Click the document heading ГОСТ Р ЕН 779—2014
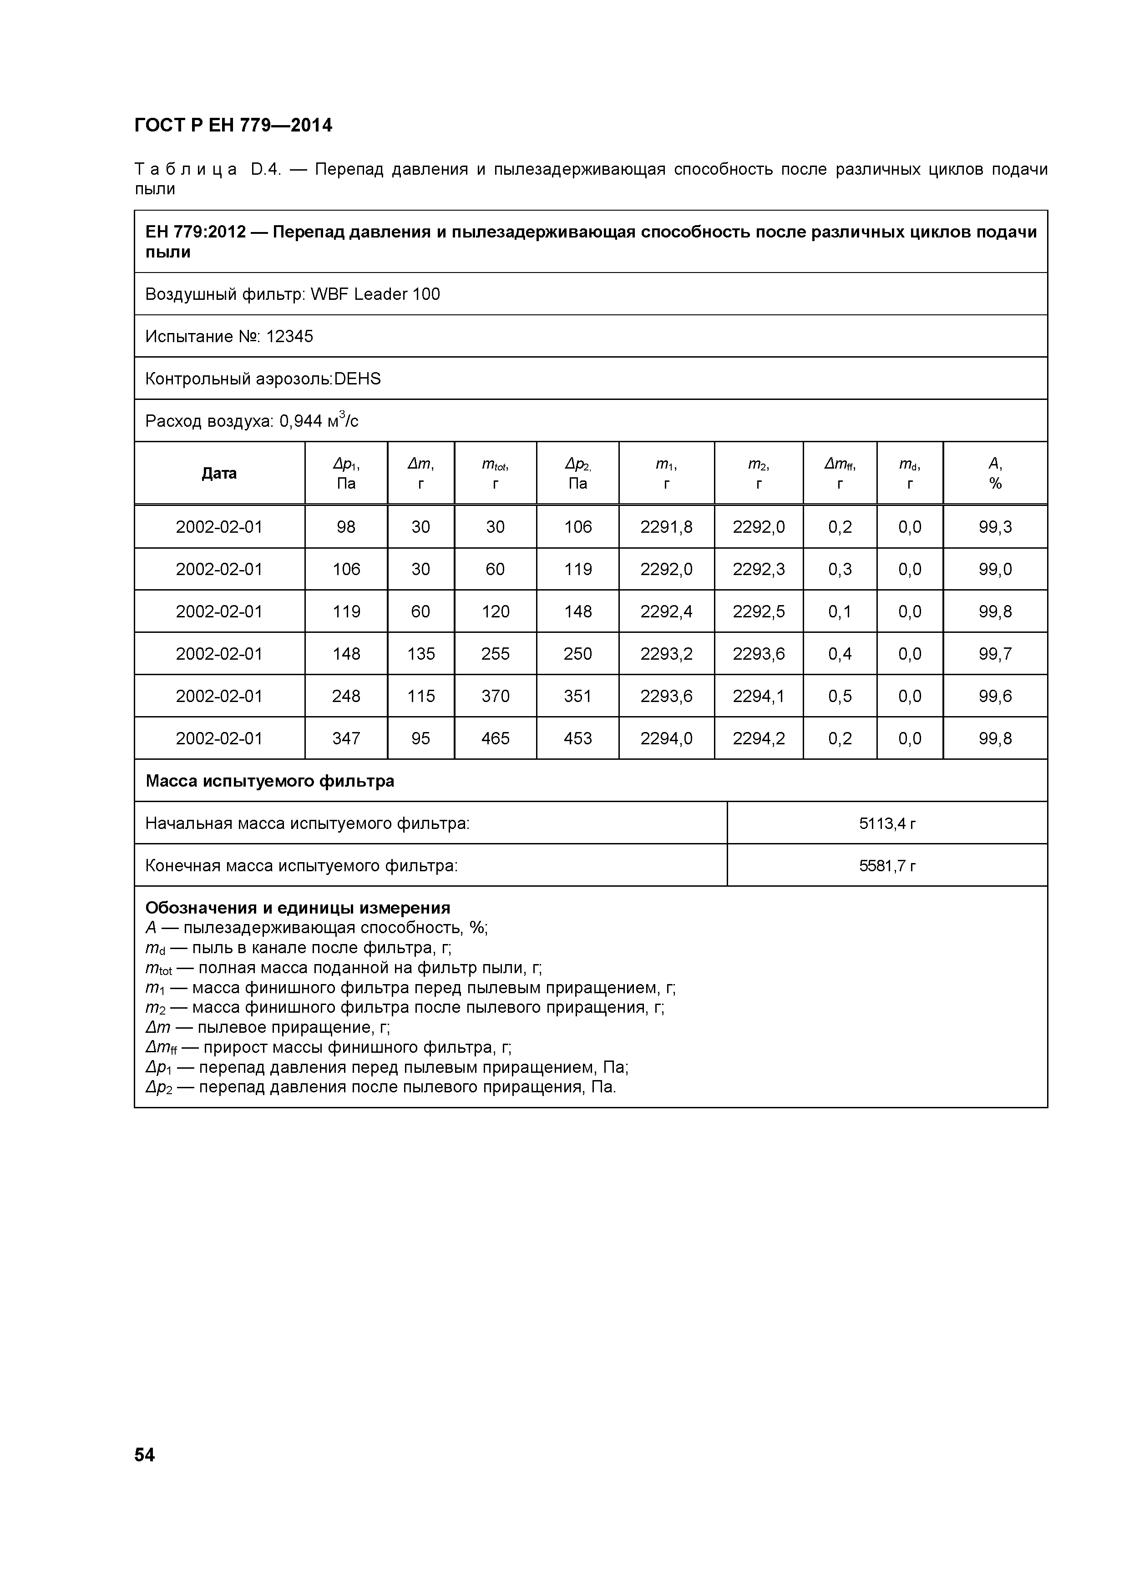click(233, 126)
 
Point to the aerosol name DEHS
click(357, 379)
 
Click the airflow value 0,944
click(301, 421)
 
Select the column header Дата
click(219, 473)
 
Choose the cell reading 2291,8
click(666, 527)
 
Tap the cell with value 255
click(495, 653)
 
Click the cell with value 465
click(495, 738)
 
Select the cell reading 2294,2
click(759, 738)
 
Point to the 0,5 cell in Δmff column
click(840, 696)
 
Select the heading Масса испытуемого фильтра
click(270, 781)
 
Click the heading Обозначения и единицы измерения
click(298, 908)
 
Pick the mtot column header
click(495, 473)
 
